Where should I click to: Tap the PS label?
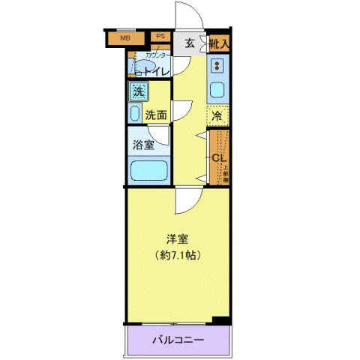pos(160,35)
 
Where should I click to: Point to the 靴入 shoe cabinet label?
pos(218,44)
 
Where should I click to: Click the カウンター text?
pos(157,55)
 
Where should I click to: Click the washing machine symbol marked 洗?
pos(139,91)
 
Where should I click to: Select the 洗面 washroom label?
pos(156,116)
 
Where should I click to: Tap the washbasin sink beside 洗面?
pos(135,114)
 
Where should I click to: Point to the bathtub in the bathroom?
pos(148,171)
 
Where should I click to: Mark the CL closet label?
pos(218,158)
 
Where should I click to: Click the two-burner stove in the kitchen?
pos(217,65)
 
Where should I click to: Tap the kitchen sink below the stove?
pos(217,91)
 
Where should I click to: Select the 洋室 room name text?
pos(178,239)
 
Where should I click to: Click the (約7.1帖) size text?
pos(178,255)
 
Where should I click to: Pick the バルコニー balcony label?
pos(178,340)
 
